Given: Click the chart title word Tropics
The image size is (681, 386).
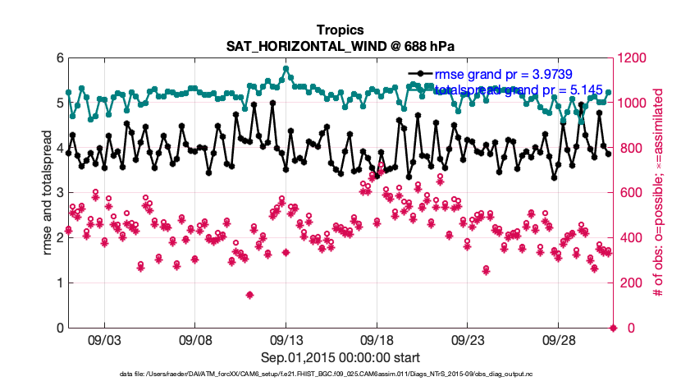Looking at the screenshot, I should (x=340, y=30).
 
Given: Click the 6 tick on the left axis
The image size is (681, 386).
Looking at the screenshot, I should (x=59, y=58).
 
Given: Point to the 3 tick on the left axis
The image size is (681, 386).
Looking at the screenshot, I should (x=59, y=193).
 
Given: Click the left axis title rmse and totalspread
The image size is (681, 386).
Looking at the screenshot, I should (x=47, y=193).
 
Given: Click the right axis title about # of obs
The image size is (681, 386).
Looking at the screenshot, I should (x=658, y=193).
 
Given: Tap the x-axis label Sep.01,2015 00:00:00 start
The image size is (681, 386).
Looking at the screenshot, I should (x=340, y=357).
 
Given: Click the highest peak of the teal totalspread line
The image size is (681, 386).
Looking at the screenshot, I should (x=286, y=69).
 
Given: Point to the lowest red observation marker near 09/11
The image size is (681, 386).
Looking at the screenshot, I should (x=249, y=295).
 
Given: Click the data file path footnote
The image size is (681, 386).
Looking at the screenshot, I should (x=340, y=375).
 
